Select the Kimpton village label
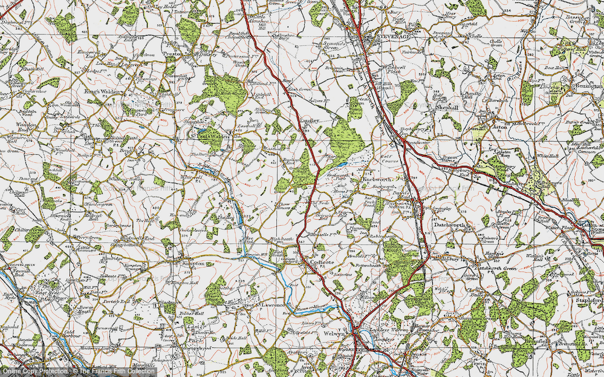point(190,264)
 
